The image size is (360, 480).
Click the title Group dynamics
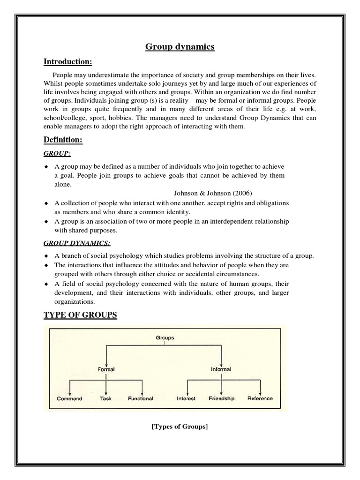[x=180, y=46]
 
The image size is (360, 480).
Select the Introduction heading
[x=74, y=62]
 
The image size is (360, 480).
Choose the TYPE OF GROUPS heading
[x=80, y=315]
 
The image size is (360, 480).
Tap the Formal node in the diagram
[x=106, y=369]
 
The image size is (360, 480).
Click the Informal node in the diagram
[x=220, y=369]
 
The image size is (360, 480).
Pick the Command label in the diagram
[x=69, y=398]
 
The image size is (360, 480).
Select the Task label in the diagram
[x=105, y=398]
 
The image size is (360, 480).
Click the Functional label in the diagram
[x=141, y=398]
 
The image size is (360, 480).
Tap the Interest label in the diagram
[x=186, y=398]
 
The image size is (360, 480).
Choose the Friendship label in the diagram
[x=221, y=398]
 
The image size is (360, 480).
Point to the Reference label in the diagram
[x=260, y=398]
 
